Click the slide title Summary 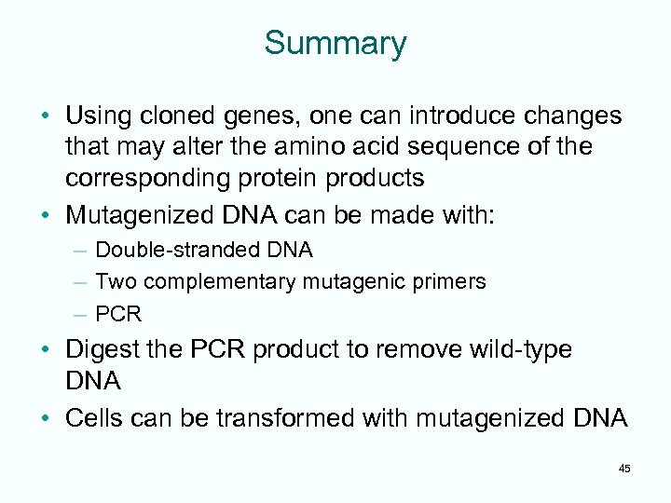click(x=335, y=44)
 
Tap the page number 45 click(x=623, y=469)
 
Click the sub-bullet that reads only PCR click(x=118, y=313)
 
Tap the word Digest click(x=96, y=350)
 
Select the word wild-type click(x=522, y=350)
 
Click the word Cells click(x=94, y=418)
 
